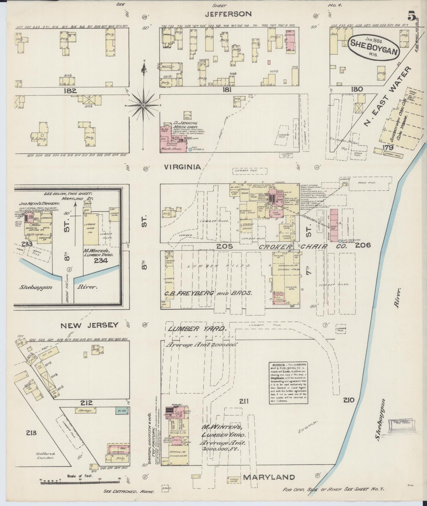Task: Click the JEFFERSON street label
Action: (228, 14)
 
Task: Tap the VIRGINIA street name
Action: (182, 167)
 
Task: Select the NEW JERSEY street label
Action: (89, 325)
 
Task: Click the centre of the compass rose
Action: (143, 105)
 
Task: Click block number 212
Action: (86, 403)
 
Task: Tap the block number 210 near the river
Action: (349, 400)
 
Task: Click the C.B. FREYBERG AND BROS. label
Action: (209, 293)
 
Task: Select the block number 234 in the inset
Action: (101, 260)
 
